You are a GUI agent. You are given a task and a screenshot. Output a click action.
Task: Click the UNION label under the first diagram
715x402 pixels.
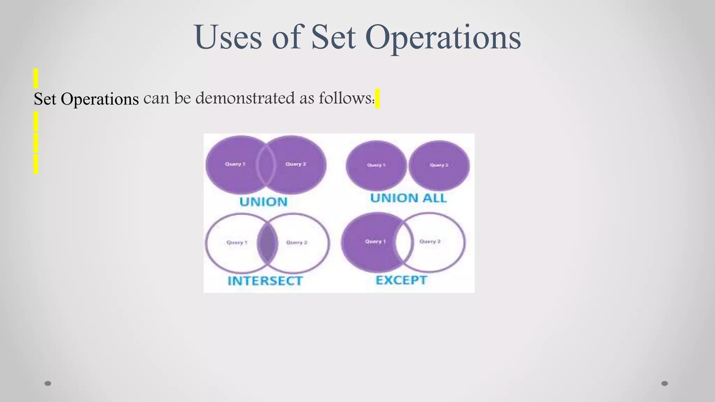[x=264, y=202]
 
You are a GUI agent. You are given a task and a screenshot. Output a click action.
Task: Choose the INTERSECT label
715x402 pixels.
[x=265, y=281]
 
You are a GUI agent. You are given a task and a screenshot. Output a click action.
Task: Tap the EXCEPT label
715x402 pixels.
[x=401, y=280]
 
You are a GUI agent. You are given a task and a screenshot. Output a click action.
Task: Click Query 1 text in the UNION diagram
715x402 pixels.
[x=235, y=164]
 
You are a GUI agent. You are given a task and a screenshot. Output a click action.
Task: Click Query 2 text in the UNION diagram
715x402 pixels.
[x=296, y=164]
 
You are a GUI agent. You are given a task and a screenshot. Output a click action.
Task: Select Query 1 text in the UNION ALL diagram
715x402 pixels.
[x=376, y=165]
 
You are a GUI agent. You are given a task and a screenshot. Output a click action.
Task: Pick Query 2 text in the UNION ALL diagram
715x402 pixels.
[x=439, y=165]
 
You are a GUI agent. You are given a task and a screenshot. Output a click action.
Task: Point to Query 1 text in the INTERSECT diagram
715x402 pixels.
[x=237, y=243]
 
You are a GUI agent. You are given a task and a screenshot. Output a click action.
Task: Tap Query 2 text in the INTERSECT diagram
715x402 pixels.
[x=297, y=243]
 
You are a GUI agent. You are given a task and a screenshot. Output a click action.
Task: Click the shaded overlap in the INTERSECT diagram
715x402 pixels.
[x=267, y=243]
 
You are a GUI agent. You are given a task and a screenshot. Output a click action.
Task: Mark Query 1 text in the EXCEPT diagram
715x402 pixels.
[x=375, y=241]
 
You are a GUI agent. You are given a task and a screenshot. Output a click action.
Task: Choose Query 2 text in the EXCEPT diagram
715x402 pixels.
[x=430, y=241]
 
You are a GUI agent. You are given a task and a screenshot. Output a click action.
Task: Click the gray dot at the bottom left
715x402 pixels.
[x=48, y=384]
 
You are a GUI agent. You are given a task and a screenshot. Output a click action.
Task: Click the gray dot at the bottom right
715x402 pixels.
[x=665, y=384]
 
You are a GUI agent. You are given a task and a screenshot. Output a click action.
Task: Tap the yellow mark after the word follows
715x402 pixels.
[x=377, y=98]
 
